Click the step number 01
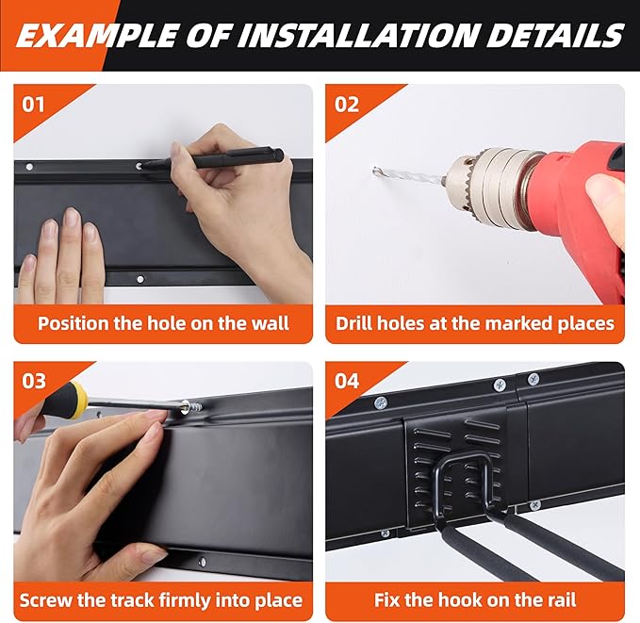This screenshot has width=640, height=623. pyautogui.click(x=33, y=105)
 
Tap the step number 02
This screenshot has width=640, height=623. pyautogui.click(x=347, y=105)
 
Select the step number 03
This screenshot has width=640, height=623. pyautogui.click(x=34, y=381)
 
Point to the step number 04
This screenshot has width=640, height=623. pyautogui.click(x=347, y=381)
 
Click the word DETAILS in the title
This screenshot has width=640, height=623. pyautogui.click(x=555, y=35)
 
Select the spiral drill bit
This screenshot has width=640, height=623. pyautogui.click(x=409, y=175)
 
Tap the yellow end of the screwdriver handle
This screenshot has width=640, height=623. pyautogui.click(x=78, y=395)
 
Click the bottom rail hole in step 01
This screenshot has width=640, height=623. pyautogui.click(x=140, y=279)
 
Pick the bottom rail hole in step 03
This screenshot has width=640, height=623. pyautogui.click(x=202, y=562)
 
